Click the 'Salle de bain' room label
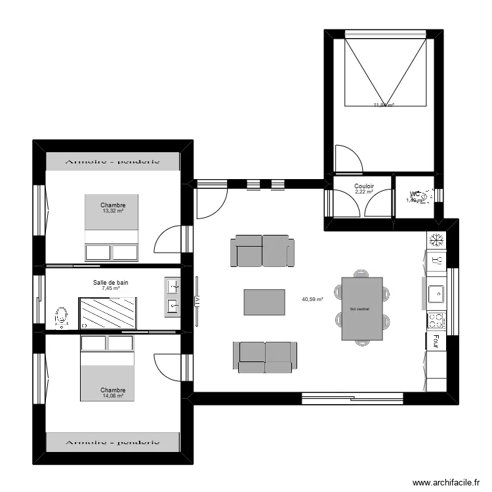(x=111, y=282)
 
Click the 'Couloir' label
(x=364, y=186)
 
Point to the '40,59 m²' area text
(x=312, y=299)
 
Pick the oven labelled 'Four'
(x=436, y=341)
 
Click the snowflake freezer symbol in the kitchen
(x=436, y=240)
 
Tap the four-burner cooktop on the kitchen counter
(x=436, y=321)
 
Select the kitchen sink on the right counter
(x=436, y=293)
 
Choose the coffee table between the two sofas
(x=264, y=302)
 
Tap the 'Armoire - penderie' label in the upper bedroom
(x=112, y=161)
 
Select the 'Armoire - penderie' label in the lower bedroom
(x=112, y=441)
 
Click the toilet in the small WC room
(x=426, y=195)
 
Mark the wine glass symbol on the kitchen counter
(x=435, y=260)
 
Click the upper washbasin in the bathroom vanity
(x=173, y=286)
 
